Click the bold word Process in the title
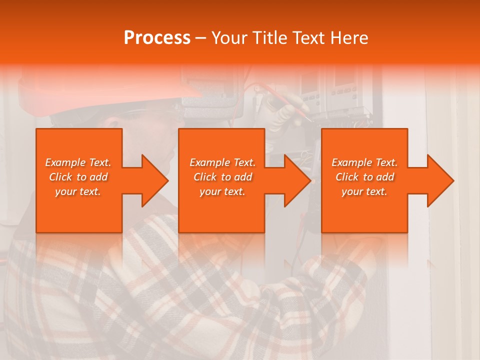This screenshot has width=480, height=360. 157,38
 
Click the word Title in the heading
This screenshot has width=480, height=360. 269,38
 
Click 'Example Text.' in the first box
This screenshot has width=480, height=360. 78,162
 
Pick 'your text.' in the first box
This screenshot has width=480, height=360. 78,191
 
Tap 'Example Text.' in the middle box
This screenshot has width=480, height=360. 222,162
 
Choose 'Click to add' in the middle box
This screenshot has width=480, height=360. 222,177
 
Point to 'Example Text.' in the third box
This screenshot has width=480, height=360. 364,162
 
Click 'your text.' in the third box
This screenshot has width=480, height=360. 364,191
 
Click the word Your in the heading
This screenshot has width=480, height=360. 230,38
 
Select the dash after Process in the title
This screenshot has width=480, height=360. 201,38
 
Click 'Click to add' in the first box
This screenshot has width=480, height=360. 78,177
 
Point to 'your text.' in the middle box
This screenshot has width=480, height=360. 222,191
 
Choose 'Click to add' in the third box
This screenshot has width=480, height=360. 364,177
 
